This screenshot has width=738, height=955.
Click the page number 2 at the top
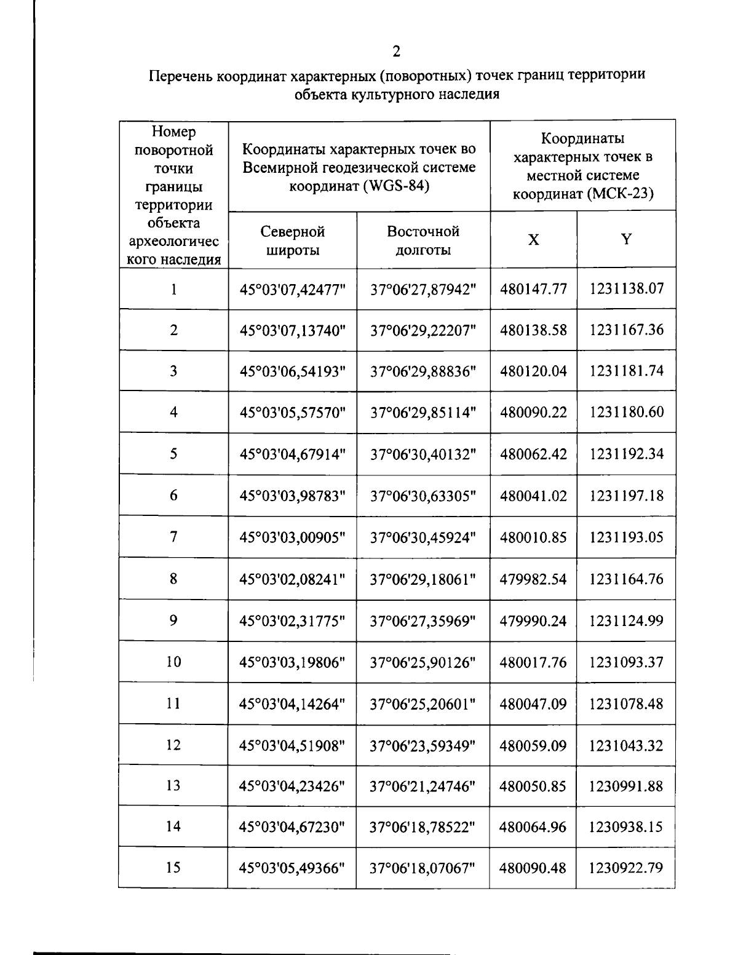397,51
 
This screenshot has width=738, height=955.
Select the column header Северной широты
292,240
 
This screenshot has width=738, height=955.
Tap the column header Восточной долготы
423,240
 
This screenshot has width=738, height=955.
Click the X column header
533,240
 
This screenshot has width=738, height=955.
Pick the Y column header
626,240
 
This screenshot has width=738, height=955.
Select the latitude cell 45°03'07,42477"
292,289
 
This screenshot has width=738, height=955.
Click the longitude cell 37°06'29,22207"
423,330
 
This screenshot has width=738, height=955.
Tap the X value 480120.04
533,371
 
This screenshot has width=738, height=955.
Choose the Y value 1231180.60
626,412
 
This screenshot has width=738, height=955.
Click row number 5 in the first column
173,454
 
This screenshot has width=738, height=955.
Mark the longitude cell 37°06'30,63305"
423,496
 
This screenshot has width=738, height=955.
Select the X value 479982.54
533,579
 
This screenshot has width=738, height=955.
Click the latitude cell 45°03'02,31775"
292,621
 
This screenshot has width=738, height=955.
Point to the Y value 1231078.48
626,703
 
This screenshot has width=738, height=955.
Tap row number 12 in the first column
173,745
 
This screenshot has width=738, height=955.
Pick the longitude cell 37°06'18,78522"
423,827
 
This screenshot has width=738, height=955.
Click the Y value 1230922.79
626,868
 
